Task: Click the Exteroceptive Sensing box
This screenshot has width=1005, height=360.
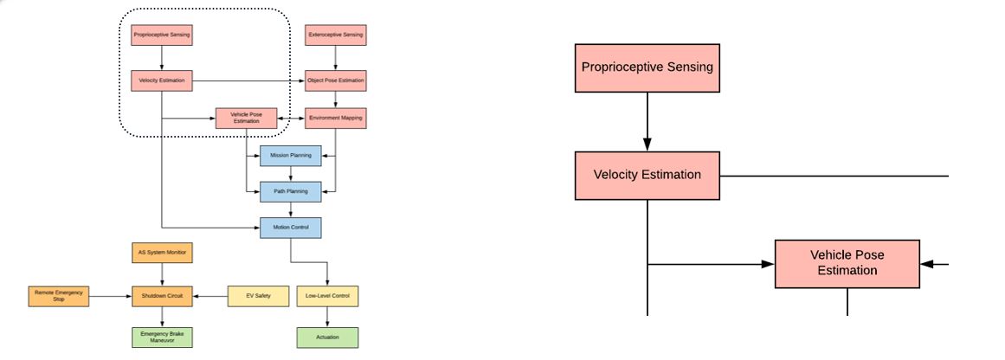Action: (335, 35)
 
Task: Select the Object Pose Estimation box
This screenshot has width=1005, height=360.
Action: (335, 80)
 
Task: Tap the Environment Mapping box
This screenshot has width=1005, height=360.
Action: (335, 117)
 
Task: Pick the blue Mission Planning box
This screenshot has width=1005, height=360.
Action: (290, 156)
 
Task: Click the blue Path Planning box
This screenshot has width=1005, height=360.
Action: (290, 191)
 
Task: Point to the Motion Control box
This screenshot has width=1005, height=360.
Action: (290, 228)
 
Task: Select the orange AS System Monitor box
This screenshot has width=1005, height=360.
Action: (162, 253)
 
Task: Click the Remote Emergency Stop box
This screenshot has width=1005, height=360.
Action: (58, 296)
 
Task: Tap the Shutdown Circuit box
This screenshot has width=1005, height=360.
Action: (162, 296)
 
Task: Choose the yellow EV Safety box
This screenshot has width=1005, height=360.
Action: (257, 296)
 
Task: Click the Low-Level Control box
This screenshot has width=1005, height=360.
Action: (326, 296)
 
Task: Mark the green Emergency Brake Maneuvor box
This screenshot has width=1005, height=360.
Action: (162, 337)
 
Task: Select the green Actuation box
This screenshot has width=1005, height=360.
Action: (326, 337)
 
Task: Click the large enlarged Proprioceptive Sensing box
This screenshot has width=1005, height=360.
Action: (647, 67)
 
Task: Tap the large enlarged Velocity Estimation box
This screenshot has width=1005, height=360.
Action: (647, 175)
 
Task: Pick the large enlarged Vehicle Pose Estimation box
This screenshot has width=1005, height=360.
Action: (847, 263)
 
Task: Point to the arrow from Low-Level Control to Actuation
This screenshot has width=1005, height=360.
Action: (326, 317)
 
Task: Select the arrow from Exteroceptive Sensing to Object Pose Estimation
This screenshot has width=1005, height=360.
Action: (335, 58)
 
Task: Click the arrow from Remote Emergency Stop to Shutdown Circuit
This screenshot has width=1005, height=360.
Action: (110, 296)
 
